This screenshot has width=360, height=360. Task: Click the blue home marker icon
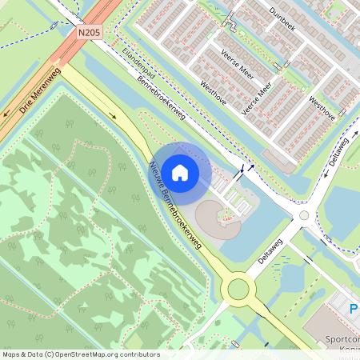point(180,172)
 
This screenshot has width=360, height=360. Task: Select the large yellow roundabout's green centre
point(239,288)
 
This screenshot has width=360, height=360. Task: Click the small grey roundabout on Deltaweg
point(303,215)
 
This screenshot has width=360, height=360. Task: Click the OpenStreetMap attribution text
point(81,354)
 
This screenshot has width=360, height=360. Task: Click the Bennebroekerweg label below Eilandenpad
point(160,99)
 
